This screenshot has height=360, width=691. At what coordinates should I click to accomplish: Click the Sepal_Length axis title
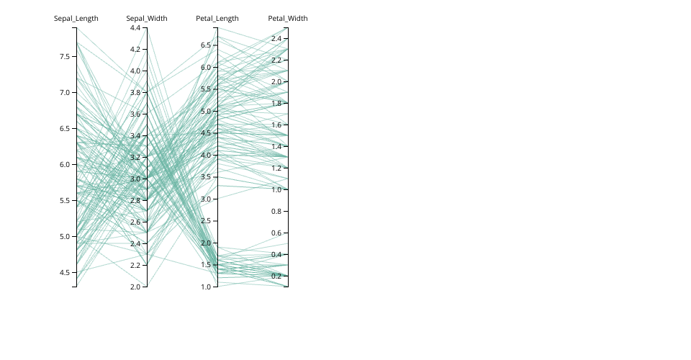coord(76,18)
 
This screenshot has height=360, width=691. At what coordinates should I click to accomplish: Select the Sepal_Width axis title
coord(147,18)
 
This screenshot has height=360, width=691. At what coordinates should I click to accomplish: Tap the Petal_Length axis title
coord(217,18)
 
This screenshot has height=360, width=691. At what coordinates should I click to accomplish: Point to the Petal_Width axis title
coord(288,18)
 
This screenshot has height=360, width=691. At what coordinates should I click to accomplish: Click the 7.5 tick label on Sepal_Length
coord(65,56)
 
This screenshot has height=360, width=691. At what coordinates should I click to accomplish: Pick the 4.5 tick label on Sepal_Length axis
coord(65,272)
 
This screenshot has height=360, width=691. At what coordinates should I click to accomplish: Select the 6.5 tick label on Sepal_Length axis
coord(65,128)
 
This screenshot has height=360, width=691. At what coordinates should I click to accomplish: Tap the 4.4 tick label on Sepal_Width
coord(135,27)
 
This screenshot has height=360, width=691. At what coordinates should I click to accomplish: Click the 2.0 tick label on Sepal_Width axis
coord(135,287)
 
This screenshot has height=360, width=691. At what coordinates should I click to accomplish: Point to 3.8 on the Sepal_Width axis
coord(135,92)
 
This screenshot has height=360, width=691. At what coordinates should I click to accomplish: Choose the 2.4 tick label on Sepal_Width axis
coord(135,243)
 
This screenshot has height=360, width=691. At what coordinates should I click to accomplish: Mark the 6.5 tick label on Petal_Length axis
coord(206,45)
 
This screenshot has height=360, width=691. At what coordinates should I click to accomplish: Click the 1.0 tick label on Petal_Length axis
coord(206,287)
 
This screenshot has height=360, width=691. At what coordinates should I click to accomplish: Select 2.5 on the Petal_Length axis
coord(206,221)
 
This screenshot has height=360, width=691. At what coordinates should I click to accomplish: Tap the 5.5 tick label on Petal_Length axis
coord(206,89)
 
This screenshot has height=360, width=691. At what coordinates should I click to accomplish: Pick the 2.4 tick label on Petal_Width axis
coord(276,38)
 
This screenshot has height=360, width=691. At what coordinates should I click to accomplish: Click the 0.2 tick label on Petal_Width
coord(276,276)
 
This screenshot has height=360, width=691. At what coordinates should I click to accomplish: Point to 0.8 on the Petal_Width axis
coord(276,211)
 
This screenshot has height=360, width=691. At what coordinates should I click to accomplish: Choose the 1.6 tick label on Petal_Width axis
coord(276,125)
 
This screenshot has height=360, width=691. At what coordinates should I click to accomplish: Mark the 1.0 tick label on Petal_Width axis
coord(276,189)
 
